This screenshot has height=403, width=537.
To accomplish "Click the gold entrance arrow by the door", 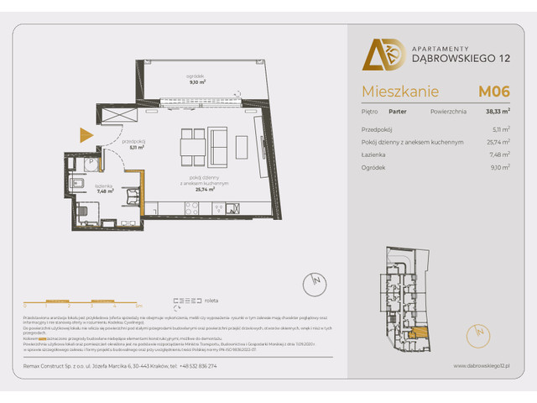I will point(85,134).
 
